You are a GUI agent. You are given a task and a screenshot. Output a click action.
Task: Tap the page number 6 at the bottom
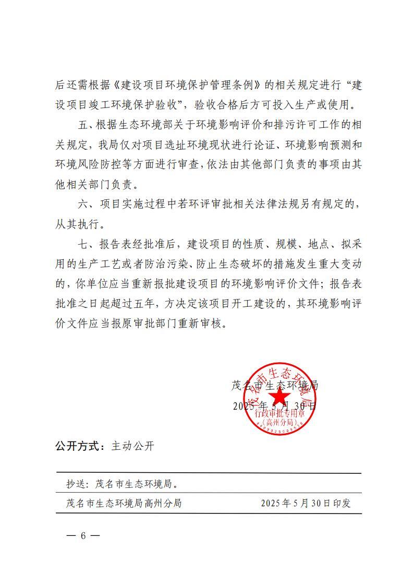click(83, 535)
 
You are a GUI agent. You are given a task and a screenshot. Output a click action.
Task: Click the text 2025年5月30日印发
click(306, 503)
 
